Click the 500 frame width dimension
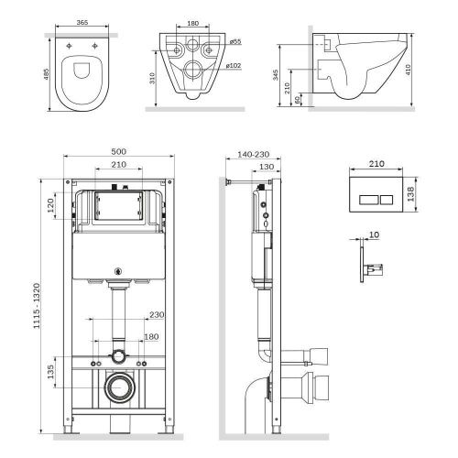[119, 150]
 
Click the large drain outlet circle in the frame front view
[118, 387]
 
